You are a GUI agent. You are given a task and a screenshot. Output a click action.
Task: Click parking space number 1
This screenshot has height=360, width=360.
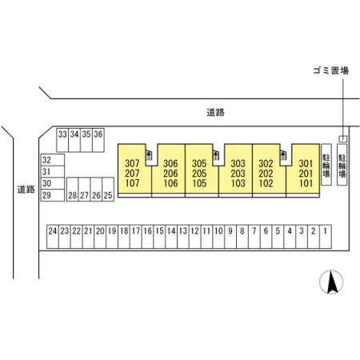click(326, 237)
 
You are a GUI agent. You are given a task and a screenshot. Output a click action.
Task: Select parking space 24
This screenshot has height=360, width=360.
click(53, 237)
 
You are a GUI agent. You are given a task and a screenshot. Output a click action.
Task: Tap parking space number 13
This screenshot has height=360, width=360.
click(183, 237)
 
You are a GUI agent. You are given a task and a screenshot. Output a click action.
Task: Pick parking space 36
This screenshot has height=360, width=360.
click(98, 140)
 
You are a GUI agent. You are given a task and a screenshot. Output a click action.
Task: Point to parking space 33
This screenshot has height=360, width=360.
click(62, 140)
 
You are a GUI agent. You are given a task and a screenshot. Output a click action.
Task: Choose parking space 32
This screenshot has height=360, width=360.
click(53, 160)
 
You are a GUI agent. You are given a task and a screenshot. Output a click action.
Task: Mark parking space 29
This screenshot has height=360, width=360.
click(53, 195)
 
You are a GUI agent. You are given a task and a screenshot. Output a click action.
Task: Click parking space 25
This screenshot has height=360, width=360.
click(108, 190)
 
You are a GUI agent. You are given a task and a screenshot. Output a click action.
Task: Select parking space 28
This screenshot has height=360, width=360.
click(73, 190)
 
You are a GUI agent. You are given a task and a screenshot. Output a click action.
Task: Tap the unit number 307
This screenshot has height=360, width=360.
click(132, 163)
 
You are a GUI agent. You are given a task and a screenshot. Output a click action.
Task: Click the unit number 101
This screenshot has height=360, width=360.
click(306, 183)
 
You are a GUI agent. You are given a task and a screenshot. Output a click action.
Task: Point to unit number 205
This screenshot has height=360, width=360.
click(199, 174)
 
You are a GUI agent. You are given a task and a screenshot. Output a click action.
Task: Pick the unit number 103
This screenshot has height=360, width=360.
click(238, 183)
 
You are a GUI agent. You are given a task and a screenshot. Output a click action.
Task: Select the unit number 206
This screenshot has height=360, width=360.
click(170, 174)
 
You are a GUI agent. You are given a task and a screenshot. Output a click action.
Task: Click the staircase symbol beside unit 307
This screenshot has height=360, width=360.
click(149, 155)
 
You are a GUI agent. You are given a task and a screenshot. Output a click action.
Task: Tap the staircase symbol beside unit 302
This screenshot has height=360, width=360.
click(282, 155)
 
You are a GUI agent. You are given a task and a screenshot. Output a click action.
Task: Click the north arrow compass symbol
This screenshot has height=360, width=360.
click(331, 282)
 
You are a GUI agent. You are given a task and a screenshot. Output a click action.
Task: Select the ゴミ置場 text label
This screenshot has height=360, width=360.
click(331, 70)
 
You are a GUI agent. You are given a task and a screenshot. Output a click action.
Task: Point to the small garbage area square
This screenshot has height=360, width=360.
click(343, 138)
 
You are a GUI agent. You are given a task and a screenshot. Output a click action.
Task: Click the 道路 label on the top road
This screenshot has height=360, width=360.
click(215, 112)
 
